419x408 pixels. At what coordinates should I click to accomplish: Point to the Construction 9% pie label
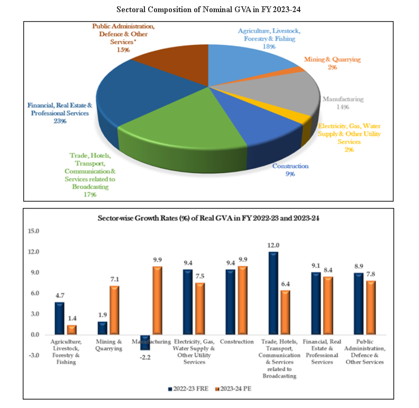coord(290,169)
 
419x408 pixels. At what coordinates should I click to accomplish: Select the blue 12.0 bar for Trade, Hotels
coord(274,293)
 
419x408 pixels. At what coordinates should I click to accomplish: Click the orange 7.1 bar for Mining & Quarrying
coord(114,310)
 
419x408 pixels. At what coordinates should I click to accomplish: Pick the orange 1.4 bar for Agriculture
coord(71,330)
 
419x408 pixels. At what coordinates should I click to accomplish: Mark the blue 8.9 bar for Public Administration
coord(359,304)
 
